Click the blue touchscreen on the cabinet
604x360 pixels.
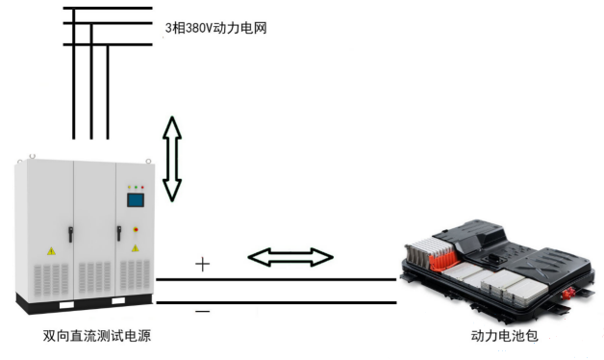point(136,200)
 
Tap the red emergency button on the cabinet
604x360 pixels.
point(136,230)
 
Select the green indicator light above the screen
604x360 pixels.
point(136,187)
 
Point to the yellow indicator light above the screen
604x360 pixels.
point(130,187)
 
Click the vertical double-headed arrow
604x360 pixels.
point(172,159)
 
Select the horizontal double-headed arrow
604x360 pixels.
point(290,257)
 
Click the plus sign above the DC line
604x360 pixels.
point(203,264)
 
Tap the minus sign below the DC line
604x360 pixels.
point(203,311)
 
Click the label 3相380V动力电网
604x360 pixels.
point(216,28)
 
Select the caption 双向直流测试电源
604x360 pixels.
point(97,336)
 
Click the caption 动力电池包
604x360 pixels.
point(504,336)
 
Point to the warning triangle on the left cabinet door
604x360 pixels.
point(51,251)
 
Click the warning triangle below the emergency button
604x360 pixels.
point(136,248)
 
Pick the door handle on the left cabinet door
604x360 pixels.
point(71,234)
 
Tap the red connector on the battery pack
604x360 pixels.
point(567,295)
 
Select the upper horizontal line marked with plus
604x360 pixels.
point(276,279)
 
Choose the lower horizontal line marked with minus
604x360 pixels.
point(276,302)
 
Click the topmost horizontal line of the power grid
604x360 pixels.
point(108,8)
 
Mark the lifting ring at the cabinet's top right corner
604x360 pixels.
point(148,161)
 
